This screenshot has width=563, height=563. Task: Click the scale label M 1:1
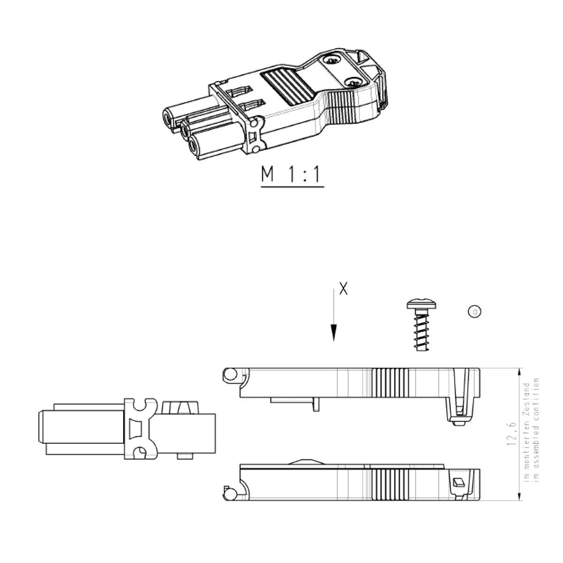point(292,175)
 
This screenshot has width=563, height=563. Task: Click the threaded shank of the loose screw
point(422,331)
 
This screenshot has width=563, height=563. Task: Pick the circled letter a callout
point(474,311)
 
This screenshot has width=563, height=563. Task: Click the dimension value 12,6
point(511,434)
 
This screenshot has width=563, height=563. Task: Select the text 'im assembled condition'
point(537,434)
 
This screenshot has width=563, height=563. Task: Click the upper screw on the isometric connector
point(333,61)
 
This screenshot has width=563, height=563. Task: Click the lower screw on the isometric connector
point(354,83)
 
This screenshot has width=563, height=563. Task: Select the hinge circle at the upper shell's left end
point(230,374)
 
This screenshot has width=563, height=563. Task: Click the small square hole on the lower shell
point(458,482)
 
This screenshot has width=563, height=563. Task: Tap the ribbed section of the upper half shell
point(390,382)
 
